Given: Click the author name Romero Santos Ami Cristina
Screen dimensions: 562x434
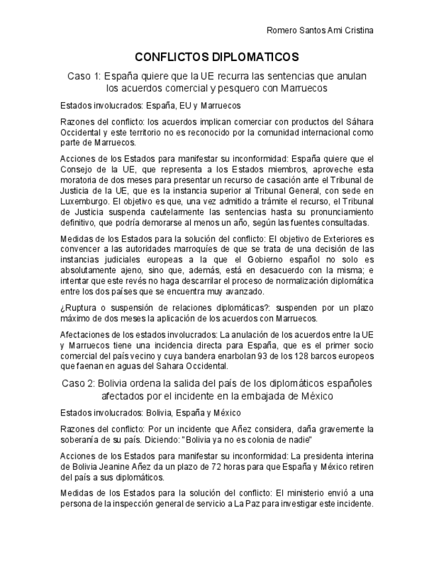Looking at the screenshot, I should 319,30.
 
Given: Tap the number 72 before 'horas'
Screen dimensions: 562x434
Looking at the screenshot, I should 186,467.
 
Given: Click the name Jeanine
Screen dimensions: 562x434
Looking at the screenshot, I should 119,467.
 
